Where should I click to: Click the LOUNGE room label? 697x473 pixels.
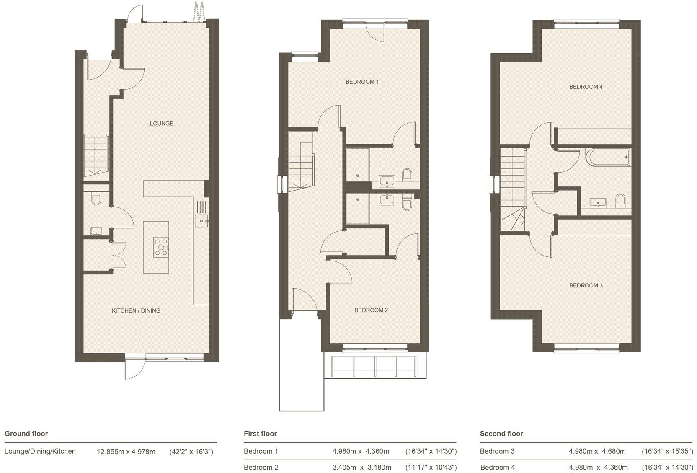161,124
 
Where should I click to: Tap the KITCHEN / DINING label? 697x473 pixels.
136,310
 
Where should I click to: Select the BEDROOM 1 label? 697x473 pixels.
362,82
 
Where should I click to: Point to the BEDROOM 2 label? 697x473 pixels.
371,310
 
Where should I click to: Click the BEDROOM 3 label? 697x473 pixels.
586,286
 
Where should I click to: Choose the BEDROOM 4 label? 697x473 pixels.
586,87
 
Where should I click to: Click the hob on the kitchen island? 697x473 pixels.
161,247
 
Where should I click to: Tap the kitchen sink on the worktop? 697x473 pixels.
201,220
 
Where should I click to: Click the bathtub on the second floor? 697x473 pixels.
609,157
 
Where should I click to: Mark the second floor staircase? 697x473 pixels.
513,189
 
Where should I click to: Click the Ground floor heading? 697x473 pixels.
26,434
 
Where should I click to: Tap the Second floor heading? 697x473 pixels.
501,434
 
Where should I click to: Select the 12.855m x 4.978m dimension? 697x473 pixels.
126,452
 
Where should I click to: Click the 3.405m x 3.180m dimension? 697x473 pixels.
361,467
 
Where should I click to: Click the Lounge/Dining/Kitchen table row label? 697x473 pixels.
40,451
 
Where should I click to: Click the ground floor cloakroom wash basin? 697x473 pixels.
96,231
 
